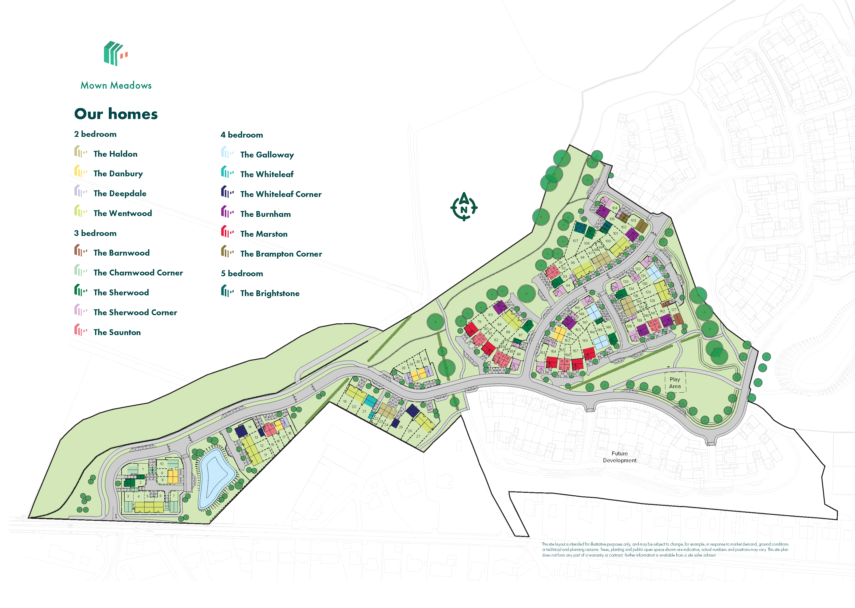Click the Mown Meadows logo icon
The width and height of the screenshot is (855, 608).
click(116, 54)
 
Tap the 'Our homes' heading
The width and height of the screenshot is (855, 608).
click(116, 114)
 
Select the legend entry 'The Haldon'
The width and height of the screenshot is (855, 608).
click(115, 154)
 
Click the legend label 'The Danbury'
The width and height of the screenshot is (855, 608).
click(118, 174)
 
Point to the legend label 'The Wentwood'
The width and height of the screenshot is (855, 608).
click(122, 213)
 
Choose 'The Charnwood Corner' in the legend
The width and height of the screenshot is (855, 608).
click(138, 273)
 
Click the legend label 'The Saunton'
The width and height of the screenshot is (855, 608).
click(117, 333)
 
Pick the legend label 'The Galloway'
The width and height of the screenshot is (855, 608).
click(267, 155)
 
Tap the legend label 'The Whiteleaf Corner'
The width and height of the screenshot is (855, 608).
click(281, 194)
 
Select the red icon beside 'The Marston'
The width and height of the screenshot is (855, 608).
click(227, 232)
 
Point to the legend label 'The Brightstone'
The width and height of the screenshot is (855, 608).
click(270, 294)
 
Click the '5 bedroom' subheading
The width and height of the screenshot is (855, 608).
click(242, 274)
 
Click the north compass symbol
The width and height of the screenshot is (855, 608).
click(464, 207)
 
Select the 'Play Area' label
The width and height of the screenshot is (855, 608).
click(675, 383)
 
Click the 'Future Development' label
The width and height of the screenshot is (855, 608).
click(620, 457)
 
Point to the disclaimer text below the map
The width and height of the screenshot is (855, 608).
click(665, 550)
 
